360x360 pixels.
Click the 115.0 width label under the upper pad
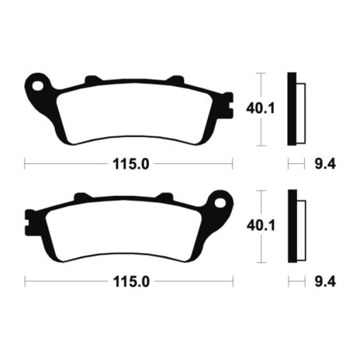tap(127, 163)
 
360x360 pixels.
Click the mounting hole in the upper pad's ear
tap(36, 82)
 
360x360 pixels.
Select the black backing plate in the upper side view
tap(292, 109)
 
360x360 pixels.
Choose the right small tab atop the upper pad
tap(173, 79)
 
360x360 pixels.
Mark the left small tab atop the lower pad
tap(80, 195)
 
